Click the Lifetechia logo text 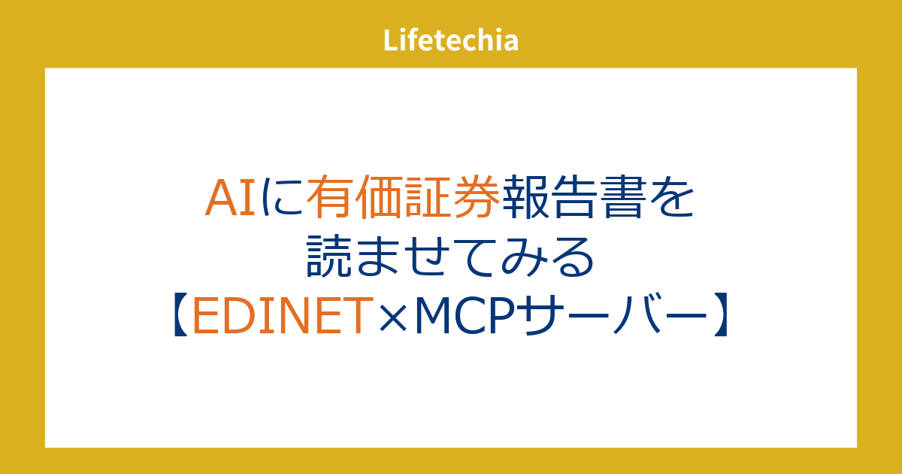tap(450, 41)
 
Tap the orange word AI tap(230, 198)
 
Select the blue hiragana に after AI tap(281, 197)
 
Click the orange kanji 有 tap(330, 196)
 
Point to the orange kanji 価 tap(379, 196)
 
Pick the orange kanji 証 tap(427, 196)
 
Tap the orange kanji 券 tap(477, 196)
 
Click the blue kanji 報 tap(525, 196)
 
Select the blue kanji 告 tap(574, 196)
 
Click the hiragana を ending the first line tap(671, 197)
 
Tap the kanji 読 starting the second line tap(329, 256)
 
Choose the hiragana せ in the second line tap(427, 257)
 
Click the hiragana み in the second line tap(524, 257)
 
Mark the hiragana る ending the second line tap(573, 257)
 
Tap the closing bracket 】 tap(721, 314)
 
